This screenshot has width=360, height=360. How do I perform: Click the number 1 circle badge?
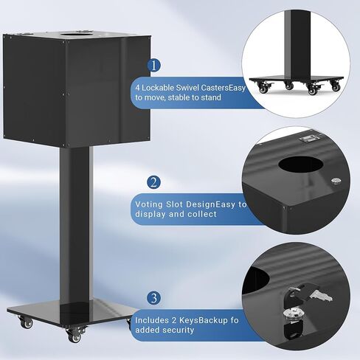pyautogui.click(x=153, y=65)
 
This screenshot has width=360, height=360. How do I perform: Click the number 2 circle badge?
pyautogui.click(x=153, y=181)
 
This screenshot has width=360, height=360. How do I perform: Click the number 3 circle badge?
pyautogui.click(x=153, y=298)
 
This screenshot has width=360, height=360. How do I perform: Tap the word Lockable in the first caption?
pyautogui.click(x=159, y=86)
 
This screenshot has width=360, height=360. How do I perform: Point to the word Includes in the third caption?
pyautogui.click(x=153, y=319)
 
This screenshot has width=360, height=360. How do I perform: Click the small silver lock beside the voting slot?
pyautogui.click(x=336, y=181)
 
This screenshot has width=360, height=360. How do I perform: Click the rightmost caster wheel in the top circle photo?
pyautogui.click(x=335, y=86)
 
